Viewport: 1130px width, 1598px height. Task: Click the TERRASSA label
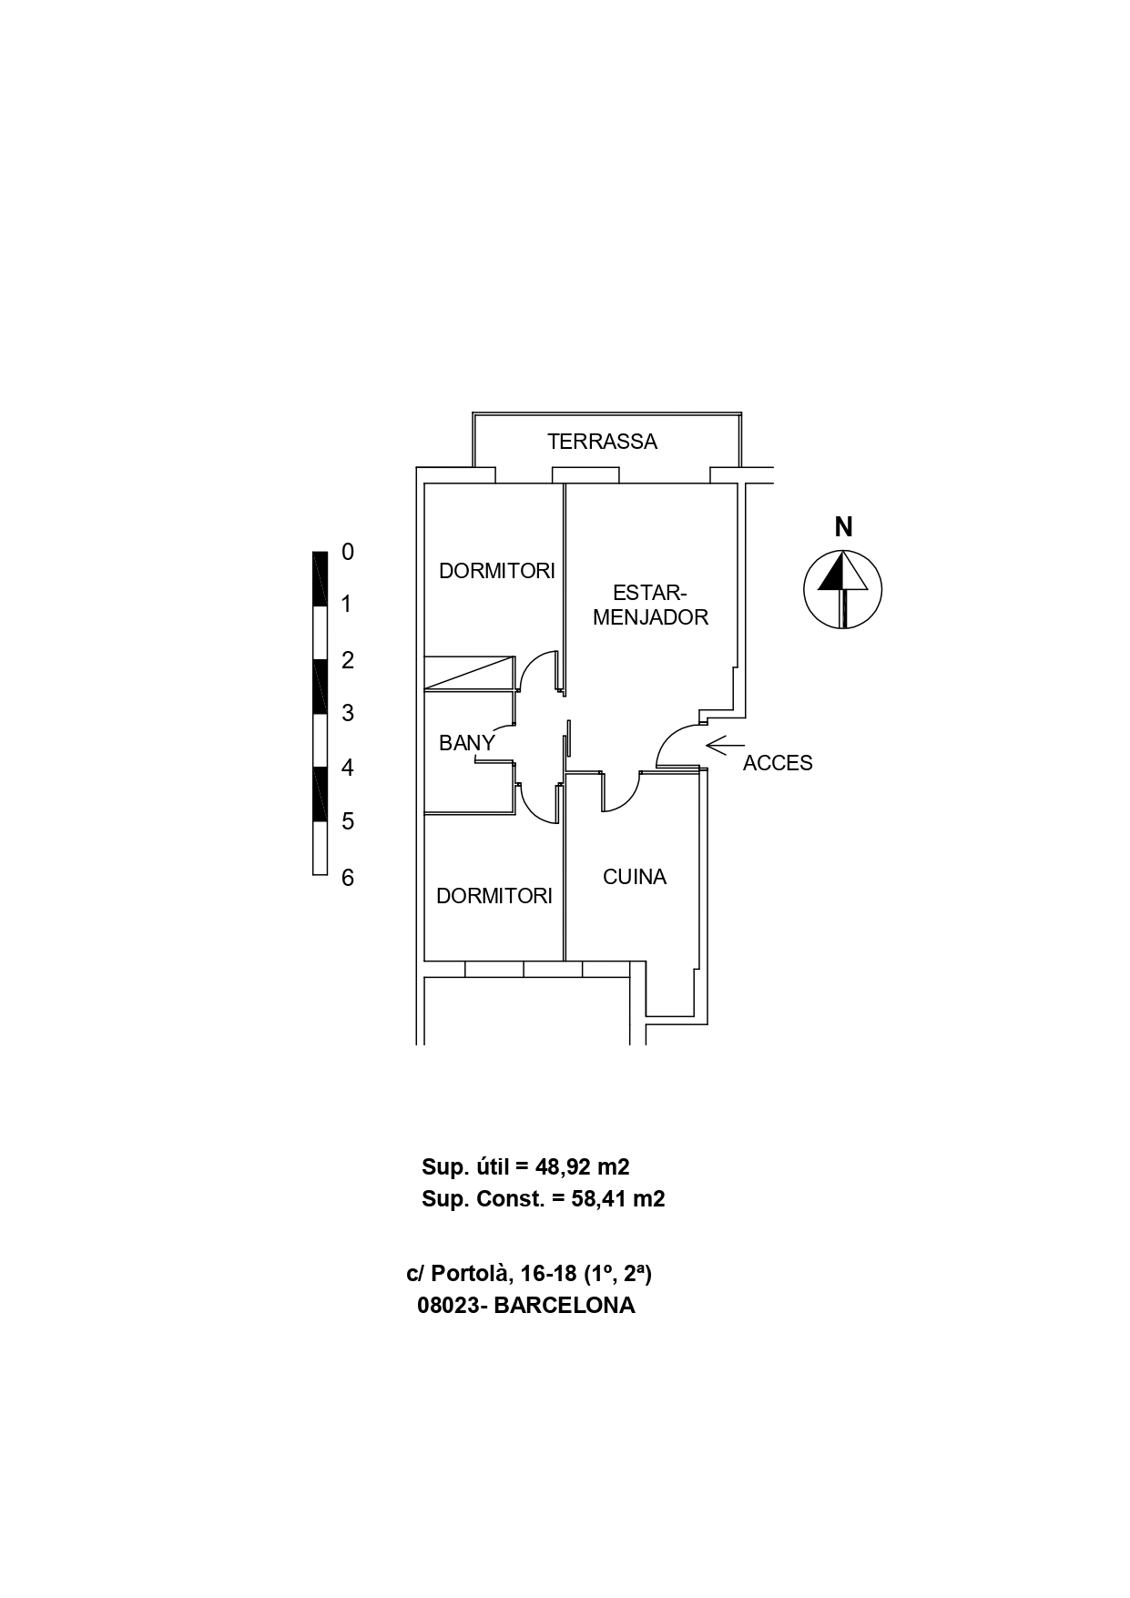(x=602, y=442)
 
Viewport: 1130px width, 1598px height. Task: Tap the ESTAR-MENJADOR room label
(x=650, y=605)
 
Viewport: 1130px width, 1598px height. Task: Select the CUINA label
(x=635, y=877)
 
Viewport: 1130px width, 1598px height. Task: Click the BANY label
(x=466, y=743)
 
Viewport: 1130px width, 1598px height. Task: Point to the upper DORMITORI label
(x=496, y=571)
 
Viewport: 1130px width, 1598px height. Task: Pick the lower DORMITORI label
(x=494, y=896)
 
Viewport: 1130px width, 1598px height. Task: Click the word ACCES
(x=778, y=763)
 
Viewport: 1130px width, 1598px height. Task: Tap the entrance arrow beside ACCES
(x=725, y=746)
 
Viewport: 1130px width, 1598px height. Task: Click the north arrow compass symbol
(x=843, y=589)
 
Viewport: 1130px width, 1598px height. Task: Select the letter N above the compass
(x=844, y=527)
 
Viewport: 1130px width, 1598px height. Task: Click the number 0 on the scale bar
(x=347, y=552)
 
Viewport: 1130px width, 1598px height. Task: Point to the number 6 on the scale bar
(x=347, y=878)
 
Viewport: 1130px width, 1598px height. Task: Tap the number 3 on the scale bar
(x=347, y=713)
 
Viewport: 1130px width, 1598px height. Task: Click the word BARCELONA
(x=565, y=1306)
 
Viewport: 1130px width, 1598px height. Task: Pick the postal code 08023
(x=450, y=1306)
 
